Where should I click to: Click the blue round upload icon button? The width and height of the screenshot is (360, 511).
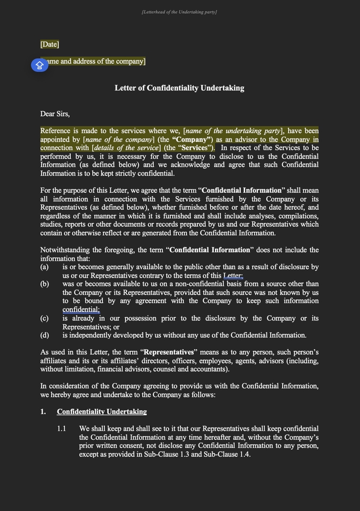click(39, 65)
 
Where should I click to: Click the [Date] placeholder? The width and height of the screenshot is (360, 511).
click(50, 44)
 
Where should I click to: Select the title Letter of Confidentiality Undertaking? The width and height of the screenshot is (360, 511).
click(179, 88)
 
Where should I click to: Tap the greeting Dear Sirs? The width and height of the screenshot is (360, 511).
click(55, 113)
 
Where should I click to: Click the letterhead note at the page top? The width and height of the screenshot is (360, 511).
click(179, 12)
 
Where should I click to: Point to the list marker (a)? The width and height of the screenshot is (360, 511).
click(44, 267)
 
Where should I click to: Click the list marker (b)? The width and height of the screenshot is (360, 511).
click(44, 284)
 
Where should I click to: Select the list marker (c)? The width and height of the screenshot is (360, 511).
click(44, 318)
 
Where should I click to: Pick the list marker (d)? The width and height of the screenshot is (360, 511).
click(44, 335)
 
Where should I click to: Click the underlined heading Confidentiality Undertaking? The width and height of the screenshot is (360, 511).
click(102, 411)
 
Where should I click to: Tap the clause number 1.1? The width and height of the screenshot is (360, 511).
click(62, 428)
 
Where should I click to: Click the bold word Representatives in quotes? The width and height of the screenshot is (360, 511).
click(169, 352)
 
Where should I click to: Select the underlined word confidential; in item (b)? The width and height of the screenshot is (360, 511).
click(81, 310)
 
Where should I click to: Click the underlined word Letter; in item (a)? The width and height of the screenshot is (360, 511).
click(233, 276)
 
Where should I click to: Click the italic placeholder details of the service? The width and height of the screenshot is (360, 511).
click(126, 148)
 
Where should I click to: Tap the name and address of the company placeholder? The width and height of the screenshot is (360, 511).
click(96, 61)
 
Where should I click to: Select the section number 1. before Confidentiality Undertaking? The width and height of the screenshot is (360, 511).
click(43, 411)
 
